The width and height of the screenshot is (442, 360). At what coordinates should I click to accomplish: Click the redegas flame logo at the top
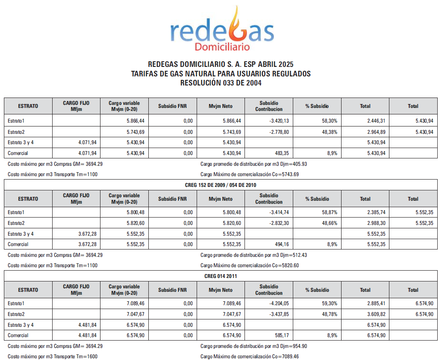(x=222, y=28)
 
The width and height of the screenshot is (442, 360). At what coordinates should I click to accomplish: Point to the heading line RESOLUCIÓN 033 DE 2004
(x=221, y=83)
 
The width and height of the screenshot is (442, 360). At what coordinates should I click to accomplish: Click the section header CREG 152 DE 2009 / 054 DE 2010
(x=221, y=185)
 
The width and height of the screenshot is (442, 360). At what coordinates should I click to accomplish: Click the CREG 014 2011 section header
(x=221, y=276)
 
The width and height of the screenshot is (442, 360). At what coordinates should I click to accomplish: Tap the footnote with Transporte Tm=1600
(x=53, y=356)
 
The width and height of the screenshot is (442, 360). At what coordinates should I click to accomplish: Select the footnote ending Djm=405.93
(x=254, y=164)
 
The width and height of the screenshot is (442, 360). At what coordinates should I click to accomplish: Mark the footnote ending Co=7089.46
(x=250, y=356)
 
